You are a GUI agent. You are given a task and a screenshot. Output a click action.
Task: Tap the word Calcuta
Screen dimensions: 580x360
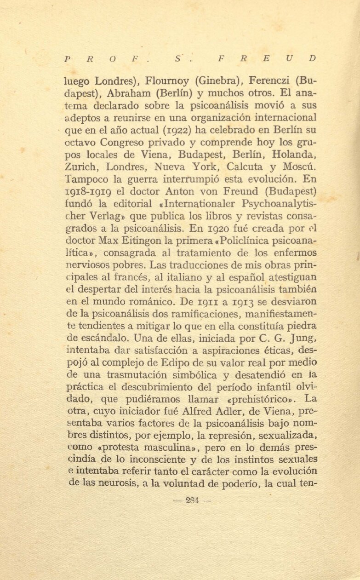tap(240, 166)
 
